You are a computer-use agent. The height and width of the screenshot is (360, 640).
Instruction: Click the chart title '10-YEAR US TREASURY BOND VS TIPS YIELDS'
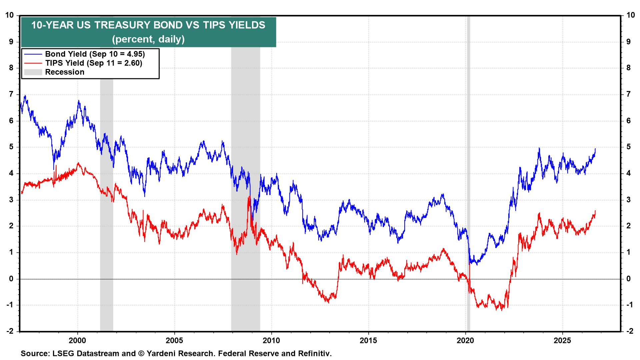148,25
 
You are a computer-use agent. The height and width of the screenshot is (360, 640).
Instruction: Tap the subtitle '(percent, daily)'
148,39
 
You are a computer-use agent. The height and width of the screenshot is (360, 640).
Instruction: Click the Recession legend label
65,72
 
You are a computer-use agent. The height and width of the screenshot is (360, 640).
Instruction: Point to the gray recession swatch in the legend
33,72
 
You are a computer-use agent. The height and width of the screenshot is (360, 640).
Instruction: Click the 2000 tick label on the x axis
77,340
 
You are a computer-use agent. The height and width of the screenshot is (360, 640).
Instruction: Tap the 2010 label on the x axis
271,340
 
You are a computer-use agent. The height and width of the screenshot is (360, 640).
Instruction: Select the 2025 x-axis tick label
562,340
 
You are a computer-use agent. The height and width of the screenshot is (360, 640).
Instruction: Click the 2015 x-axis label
368,340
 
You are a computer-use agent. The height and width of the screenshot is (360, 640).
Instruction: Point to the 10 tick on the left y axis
9,15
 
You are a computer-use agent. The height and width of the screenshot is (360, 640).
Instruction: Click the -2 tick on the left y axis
10,331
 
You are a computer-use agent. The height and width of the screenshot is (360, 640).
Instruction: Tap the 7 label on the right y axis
629,94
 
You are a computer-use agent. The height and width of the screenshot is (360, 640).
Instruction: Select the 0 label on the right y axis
629,279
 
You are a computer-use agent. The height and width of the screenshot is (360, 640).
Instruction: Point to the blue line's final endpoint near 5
595,149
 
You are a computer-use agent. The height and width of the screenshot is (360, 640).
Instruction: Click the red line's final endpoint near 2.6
595,211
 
